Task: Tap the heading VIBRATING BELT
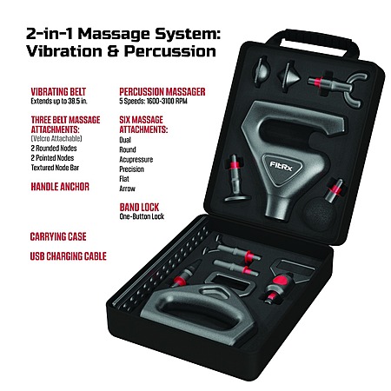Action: point(58,92)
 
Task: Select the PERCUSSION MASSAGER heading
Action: point(162,92)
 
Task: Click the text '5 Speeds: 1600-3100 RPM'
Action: point(153,101)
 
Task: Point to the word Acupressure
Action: point(136,160)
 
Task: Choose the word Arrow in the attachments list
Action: point(127,189)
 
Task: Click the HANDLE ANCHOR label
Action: point(60,187)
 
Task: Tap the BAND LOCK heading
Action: point(139,208)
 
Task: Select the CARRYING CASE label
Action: point(58,236)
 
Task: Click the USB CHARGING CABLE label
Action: point(69,256)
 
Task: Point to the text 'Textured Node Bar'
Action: point(55,168)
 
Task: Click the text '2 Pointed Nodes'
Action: point(52,158)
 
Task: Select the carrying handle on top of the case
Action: point(313,43)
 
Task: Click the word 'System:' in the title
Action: point(188,34)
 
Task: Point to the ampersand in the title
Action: point(113,51)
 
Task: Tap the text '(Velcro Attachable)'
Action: point(56,138)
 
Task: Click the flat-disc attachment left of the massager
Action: point(236,179)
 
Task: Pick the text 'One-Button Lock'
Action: point(142,216)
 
